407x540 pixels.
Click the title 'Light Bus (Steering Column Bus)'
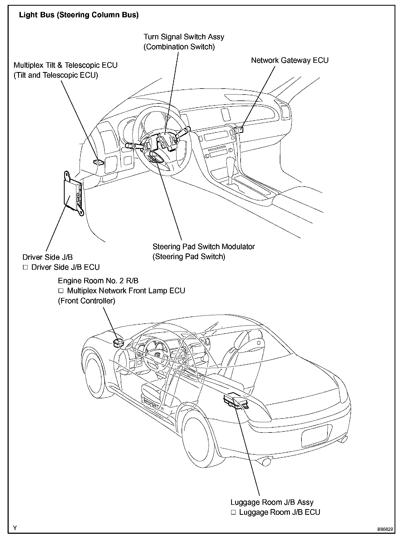[x=78, y=15]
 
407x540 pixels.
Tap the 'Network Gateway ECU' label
[x=290, y=60]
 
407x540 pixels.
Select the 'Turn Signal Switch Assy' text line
[x=184, y=37]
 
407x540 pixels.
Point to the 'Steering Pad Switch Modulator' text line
[x=203, y=247]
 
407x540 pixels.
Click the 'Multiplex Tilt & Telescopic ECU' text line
[x=65, y=65]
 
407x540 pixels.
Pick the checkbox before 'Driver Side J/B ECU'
[x=25, y=267]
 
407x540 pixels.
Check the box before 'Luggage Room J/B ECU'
[x=234, y=512]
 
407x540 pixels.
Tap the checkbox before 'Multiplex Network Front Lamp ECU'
[x=61, y=291]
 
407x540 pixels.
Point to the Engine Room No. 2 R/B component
[x=118, y=343]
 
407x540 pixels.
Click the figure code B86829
[x=386, y=529]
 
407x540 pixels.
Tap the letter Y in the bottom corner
[x=15, y=528]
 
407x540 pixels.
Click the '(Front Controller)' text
[x=87, y=301]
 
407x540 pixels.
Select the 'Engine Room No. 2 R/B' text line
[x=98, y=281]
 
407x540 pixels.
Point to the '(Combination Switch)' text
[x=179, y=47]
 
